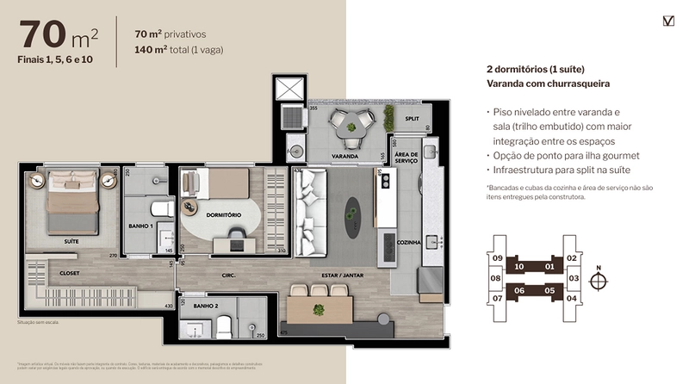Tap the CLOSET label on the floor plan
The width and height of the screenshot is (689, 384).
coord(46,272)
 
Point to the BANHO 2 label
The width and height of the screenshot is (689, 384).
coord(204,305)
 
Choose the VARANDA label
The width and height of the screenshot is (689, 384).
coord(344,157)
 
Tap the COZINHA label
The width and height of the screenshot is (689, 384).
coord(409,243)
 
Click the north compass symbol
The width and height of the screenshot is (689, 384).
coord(599,280)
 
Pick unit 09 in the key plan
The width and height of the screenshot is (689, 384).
coord(497,258)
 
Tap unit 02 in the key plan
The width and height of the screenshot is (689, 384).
coord(572,258)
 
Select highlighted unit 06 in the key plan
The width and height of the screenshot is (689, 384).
coord(520,291)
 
